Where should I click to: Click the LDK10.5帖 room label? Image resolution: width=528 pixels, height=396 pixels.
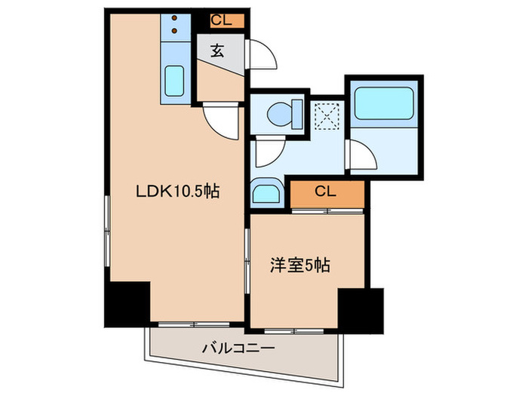(177, 192)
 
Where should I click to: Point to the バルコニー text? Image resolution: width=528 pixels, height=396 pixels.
(238, 348)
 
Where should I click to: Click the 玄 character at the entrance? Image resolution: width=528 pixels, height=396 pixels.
(217, 51)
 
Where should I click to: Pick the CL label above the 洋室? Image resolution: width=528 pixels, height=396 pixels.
(327, 192)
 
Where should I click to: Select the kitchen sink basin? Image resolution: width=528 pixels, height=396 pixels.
(175, 80)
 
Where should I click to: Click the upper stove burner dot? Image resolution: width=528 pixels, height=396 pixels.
(175, 17)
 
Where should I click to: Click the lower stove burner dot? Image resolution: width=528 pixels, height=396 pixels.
(175, 31)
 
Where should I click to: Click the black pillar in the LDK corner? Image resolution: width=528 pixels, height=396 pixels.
(127, 305)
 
